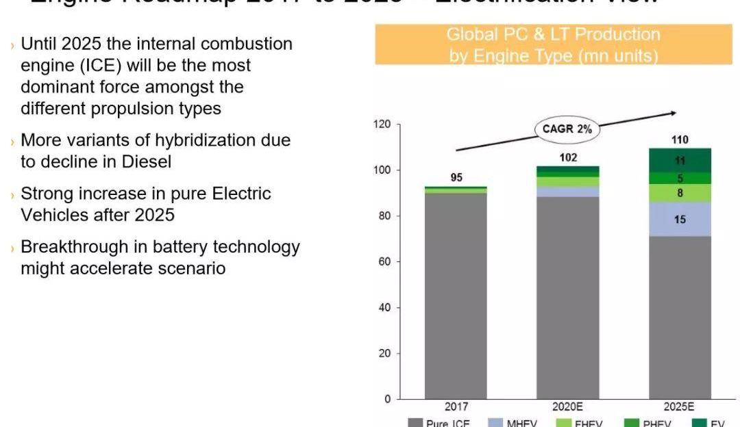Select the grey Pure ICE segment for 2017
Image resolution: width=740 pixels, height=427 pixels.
click(x=456, y=294)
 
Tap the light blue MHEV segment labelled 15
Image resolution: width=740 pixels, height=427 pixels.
click(x=680, y=220)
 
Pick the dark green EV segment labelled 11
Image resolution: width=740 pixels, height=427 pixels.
click(x=680, y=161)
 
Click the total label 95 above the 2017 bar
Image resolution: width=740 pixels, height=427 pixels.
click(x=456, y=178)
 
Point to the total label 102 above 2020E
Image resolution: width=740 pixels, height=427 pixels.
click(x=568, y=157)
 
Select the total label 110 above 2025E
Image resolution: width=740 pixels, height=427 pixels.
click(x=680, y=140)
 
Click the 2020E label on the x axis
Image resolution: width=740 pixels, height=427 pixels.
click(x=568, y=406)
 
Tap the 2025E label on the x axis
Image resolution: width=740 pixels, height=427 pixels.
click(x=680, y=406)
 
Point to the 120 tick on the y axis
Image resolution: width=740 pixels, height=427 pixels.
click(x=382, y=125)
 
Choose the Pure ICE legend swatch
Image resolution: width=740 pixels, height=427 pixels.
click(x=415, y=423)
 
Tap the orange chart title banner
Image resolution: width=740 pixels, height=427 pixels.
click(x=554, y=44)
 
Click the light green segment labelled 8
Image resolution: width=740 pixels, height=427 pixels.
click(x=680, y=193)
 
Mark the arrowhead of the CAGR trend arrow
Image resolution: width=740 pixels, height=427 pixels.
click(x=674, y=113)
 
